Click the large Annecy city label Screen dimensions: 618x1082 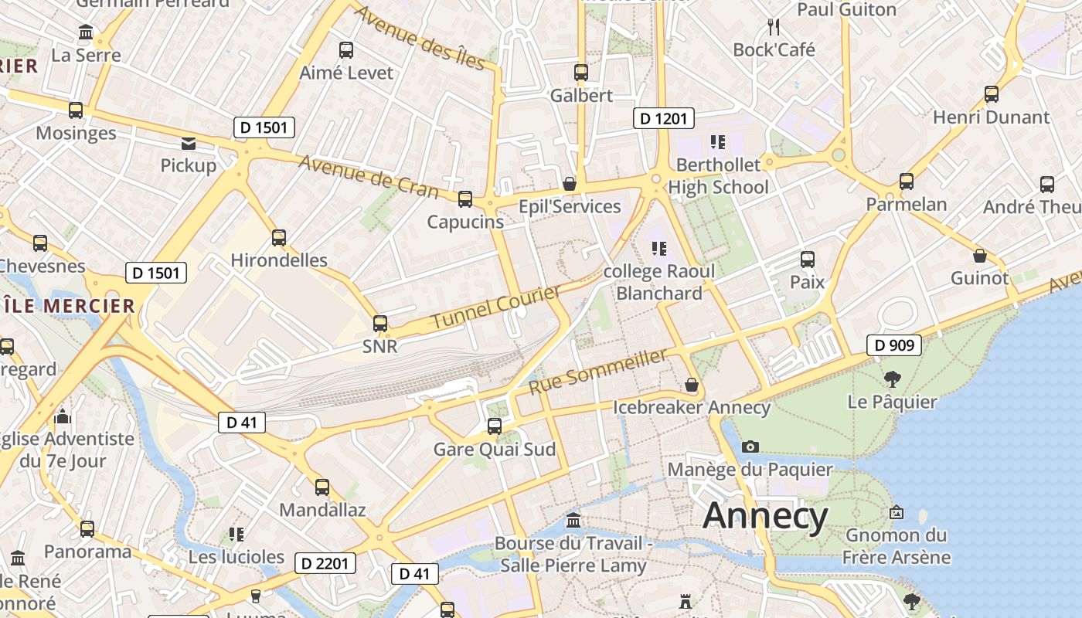(765, 516)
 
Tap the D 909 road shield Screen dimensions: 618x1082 (895, 345)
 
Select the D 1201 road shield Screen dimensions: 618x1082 (664, 118)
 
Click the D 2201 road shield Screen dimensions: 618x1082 (325, 563)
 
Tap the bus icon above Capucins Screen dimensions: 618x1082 (465, 199)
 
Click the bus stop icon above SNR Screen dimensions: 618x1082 (380, 324)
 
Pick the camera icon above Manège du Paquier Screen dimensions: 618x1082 (750, 447)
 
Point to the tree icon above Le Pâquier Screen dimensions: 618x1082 (893, 379)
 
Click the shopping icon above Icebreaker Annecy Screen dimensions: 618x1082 (692, 385)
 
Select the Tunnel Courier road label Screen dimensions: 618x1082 (495, 307)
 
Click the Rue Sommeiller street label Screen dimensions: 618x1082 (598, 372)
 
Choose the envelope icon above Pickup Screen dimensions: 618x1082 (189, 143)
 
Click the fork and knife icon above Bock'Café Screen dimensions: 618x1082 (774, 27)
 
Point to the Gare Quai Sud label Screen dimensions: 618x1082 (495, 450)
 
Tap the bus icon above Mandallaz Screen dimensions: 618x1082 (322, 487)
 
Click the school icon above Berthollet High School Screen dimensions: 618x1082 (718, 142)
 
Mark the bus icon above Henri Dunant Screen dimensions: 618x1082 (992, 95)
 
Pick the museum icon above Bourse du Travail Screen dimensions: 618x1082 (573, 520)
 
